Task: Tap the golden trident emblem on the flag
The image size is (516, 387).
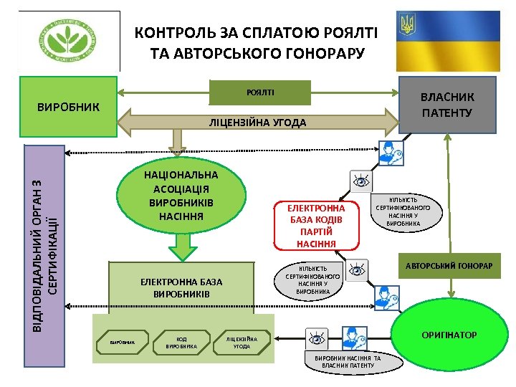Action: coord(409,27)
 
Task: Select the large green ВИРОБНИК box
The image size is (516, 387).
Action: coord(69,107)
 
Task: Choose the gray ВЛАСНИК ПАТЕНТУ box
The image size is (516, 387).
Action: coord(447,105)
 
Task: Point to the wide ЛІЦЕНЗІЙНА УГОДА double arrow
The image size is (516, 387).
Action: coord(258,123)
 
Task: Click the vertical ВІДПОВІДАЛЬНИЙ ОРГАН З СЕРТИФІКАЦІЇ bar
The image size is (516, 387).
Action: coord(44,237)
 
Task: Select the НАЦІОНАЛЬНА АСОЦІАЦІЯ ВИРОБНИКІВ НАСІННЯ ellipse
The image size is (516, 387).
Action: coord(181,195)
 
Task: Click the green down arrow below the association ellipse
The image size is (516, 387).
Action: coord(183,247)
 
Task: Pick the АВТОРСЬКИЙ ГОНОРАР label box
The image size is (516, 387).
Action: coord(449,267)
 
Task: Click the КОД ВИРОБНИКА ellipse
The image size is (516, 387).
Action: coord(181,342)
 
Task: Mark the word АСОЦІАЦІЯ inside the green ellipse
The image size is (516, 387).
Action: coord(181,188)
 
